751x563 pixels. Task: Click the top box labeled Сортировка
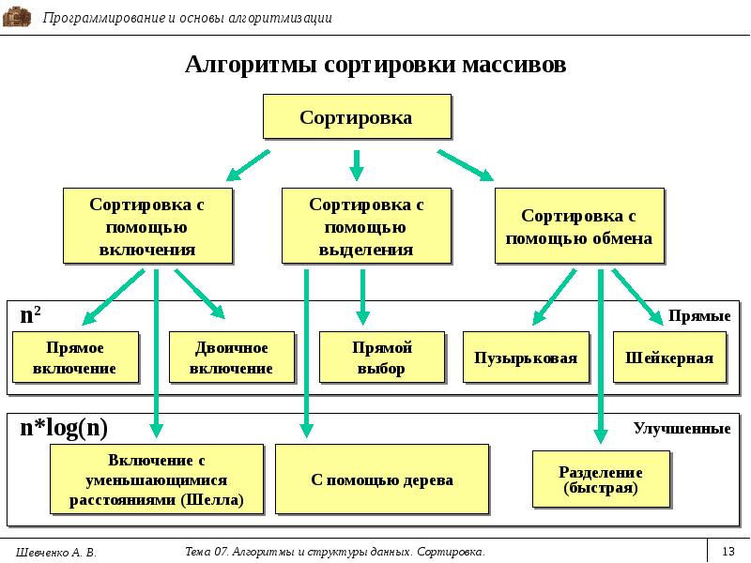356,117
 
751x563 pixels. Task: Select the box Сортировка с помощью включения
147,225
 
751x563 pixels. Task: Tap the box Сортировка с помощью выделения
366,225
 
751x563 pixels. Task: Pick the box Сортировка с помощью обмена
578,226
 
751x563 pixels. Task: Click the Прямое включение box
75,358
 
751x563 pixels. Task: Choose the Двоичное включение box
231,358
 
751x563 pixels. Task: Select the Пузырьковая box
526,358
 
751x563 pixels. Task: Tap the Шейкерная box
669,358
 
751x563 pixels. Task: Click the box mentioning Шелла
156,479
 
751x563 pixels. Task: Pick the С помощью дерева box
382,479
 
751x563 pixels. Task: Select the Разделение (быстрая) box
601,479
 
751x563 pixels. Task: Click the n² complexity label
30,316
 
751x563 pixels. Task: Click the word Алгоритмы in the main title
251,66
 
